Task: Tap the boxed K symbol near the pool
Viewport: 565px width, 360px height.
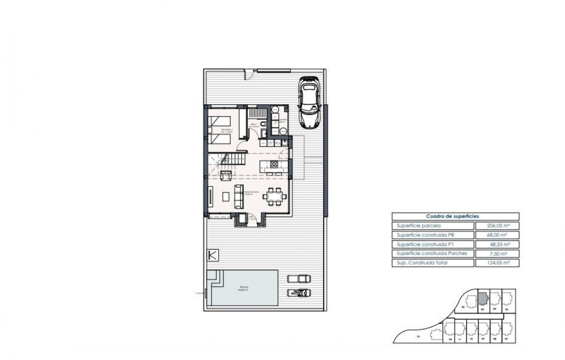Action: point(213,255)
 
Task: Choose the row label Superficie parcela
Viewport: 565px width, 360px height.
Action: point(420,225)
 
